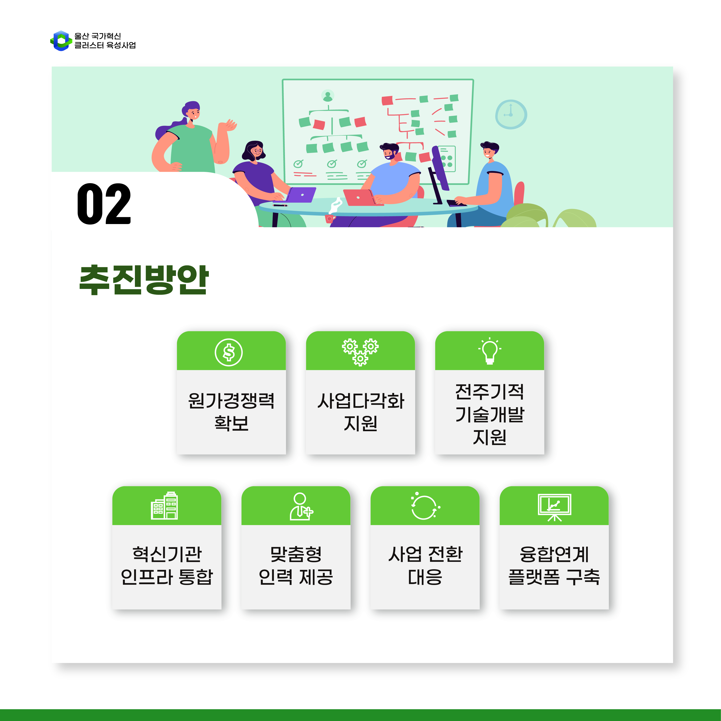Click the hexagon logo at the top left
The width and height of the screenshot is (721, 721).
61,41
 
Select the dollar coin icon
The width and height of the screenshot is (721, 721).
229,352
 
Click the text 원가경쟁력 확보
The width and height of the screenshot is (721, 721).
231,412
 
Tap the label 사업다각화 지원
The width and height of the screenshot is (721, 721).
361,412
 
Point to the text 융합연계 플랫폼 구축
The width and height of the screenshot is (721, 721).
554,565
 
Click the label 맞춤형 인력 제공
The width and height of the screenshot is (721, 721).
296,565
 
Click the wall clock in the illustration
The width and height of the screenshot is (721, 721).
511,114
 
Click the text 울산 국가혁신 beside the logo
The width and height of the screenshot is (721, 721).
98,36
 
